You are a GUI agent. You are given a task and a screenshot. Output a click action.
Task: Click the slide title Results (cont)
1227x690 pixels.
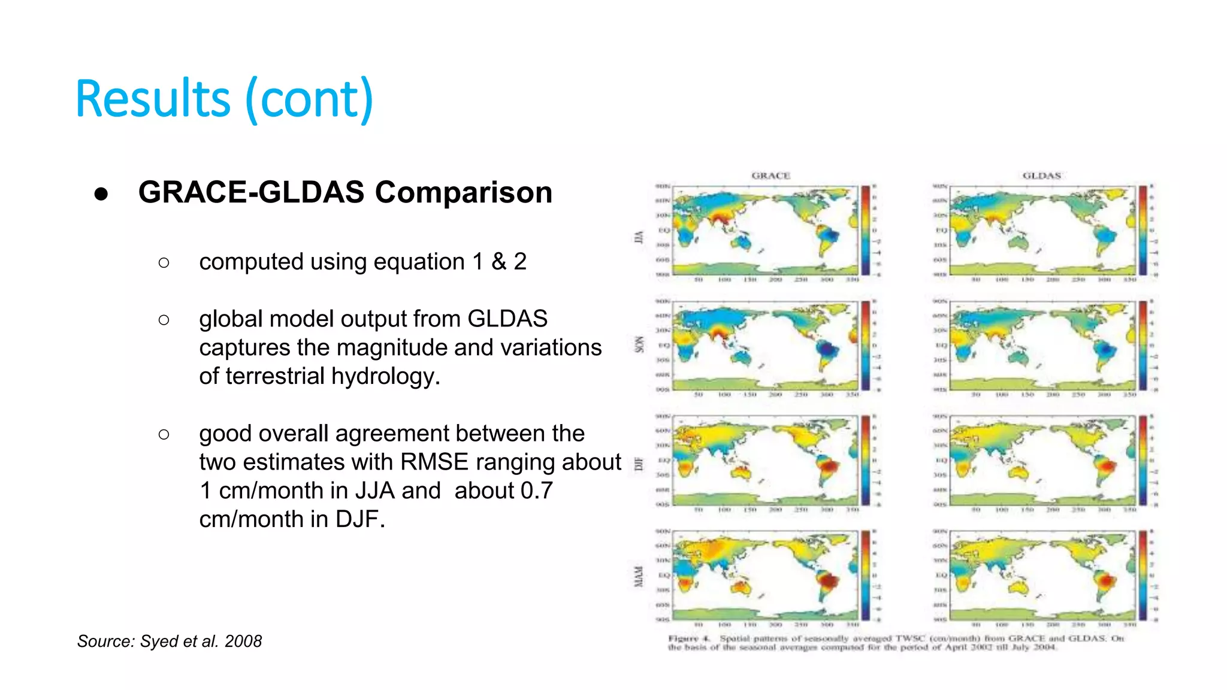[x=225, y=99]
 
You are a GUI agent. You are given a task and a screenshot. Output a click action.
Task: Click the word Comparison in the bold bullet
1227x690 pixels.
[x=463, y=193]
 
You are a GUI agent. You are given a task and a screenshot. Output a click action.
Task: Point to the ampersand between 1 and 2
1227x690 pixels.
[x=498, y=262]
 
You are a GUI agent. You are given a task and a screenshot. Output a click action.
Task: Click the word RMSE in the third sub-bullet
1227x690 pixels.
[x=434, y=462]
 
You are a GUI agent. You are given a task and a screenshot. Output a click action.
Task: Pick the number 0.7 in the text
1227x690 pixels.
[x=536, y=491]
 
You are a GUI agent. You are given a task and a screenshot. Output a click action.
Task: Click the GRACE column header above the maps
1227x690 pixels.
[x=770, y=175]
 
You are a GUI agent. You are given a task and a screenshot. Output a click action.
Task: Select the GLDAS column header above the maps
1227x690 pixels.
[x=1041, y=175]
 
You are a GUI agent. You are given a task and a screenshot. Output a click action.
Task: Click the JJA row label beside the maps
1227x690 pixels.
[x=639, y=237]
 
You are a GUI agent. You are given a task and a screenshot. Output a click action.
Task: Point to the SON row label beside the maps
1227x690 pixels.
[x=639, y=344]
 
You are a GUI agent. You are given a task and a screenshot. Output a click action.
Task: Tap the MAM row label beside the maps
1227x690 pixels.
[x=639, y=576]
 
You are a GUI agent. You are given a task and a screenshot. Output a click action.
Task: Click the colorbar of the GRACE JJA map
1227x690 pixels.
[x=866, y=231]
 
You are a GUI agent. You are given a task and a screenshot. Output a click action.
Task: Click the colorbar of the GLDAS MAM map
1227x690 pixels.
[x=1143, y=575]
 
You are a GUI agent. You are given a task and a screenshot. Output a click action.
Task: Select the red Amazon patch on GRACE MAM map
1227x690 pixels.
[x=829, y=580]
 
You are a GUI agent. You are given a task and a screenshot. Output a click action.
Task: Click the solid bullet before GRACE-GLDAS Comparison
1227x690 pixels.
[x=101, y=193]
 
